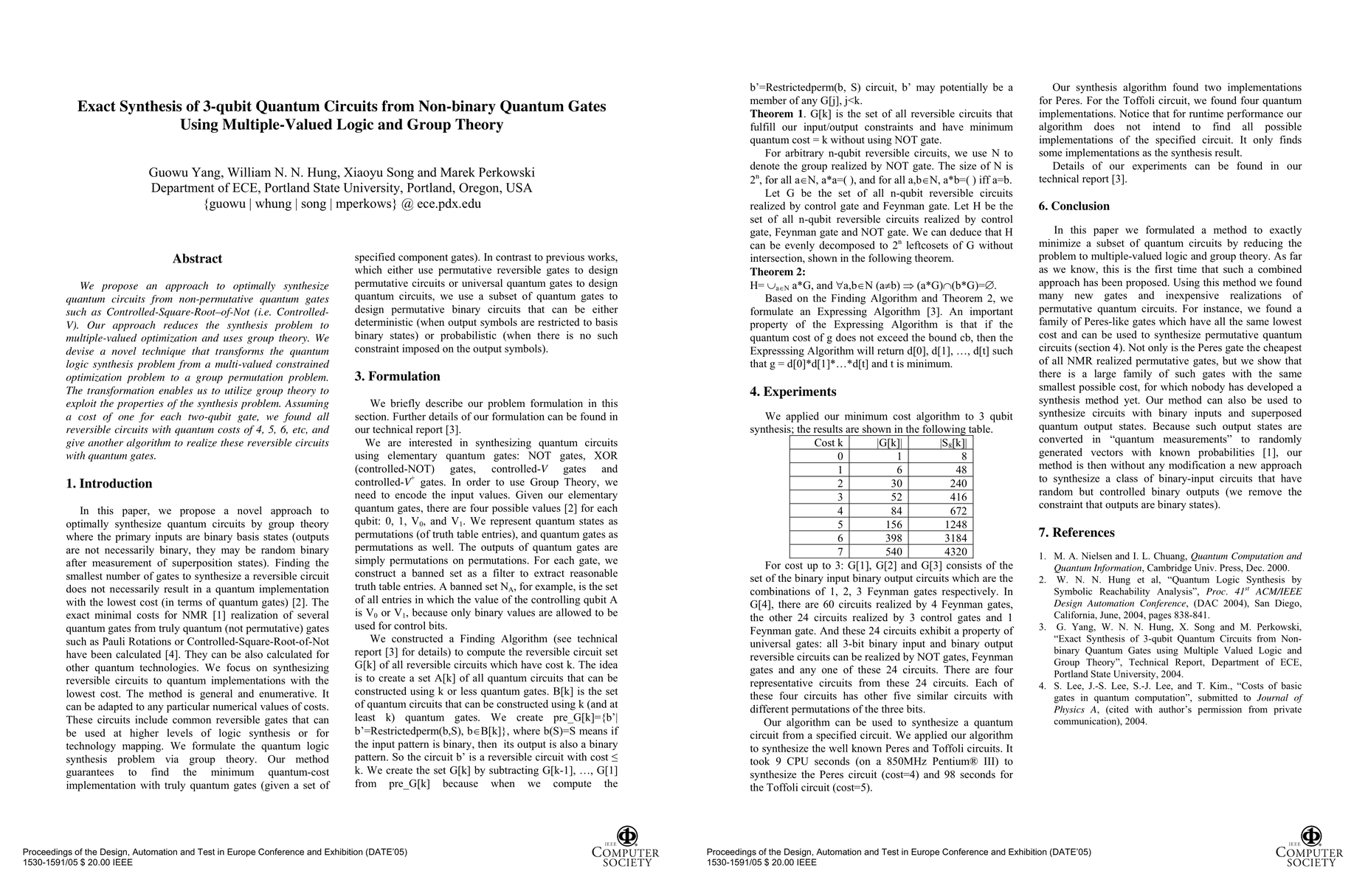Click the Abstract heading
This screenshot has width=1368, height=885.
197,259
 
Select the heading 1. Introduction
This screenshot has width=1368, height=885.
109,484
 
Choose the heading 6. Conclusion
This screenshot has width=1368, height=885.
1074,206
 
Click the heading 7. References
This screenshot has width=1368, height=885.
1077,532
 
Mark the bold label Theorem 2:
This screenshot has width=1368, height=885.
778,272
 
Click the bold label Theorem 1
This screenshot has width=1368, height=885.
777,114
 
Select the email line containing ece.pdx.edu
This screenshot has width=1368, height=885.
342,204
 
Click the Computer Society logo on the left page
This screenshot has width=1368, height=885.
626,847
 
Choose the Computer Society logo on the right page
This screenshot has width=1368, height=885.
1310,847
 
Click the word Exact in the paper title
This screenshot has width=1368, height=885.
99,106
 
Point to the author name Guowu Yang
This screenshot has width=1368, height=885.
184,173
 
